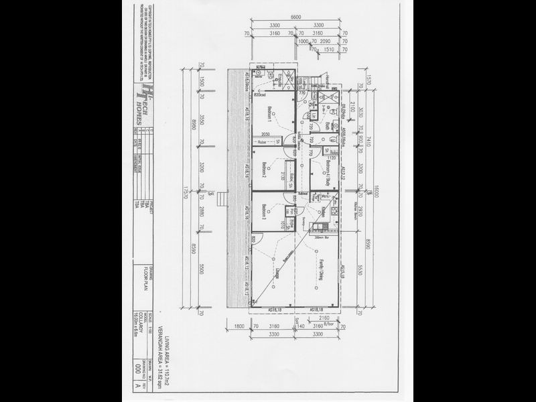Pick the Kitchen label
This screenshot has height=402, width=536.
(322, 211)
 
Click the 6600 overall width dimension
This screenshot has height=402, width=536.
(290, 17)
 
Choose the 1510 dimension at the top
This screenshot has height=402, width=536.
(329, 48)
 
